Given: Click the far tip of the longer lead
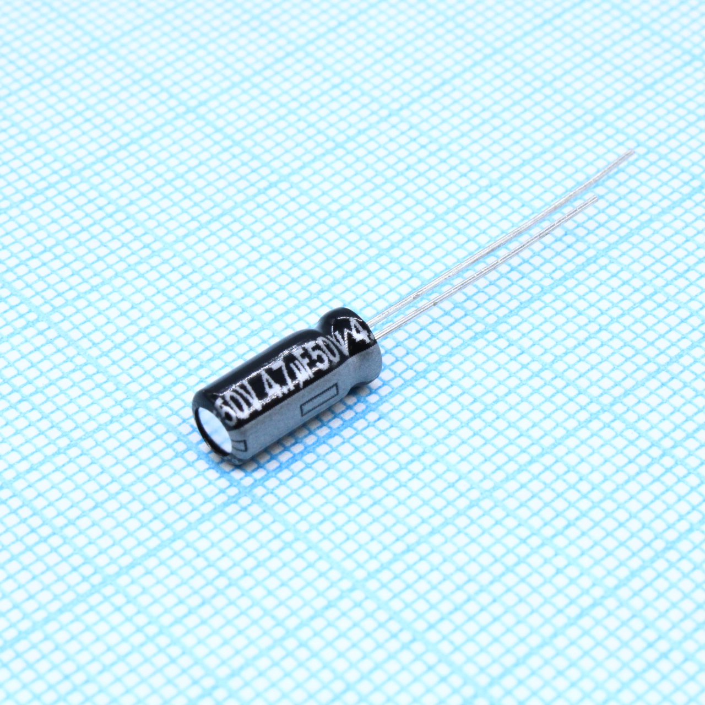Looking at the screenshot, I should [x=633, y=153].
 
